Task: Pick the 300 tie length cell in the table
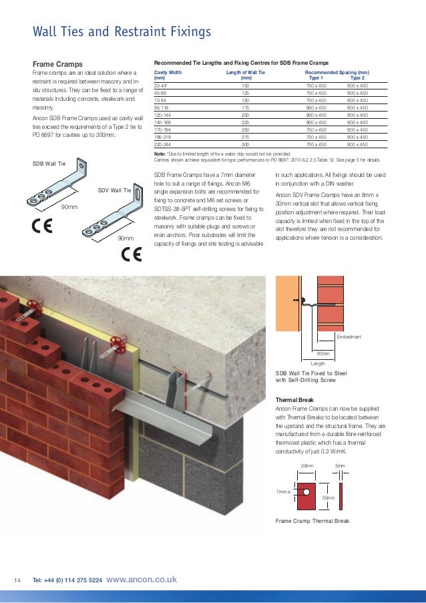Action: pos(245,144)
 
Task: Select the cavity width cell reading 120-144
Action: pos(164,115)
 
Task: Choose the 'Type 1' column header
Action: pos(317,77)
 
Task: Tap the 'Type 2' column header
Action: pos(357,77)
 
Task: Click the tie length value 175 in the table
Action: pos(245,108)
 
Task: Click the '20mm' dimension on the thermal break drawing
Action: pos(306,465)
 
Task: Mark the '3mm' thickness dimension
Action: pos(340,465)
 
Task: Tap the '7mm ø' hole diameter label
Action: pos(284,491)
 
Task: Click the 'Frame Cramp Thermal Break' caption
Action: pos(312,520)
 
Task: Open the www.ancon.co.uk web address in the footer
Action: pos(142,580)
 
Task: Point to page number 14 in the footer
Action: pos(18,580)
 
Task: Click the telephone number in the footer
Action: pos(67,580)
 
